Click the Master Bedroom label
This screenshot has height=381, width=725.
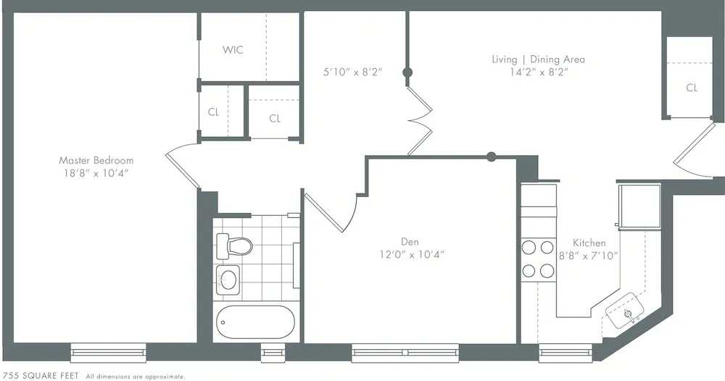(96, 160)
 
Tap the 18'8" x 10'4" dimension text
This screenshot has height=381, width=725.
(96, 173)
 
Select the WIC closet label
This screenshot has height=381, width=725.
(233, 50)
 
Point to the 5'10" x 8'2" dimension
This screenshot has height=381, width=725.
(352, 72)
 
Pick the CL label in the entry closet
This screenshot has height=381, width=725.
(692, 88)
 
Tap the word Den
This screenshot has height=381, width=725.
(410, 241)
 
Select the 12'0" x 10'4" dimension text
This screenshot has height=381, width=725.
(410, 254)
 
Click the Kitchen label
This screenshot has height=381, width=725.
(589, 243)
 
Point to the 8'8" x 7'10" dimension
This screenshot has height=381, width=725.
(589, 256)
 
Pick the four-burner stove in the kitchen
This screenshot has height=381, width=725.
(538, 259)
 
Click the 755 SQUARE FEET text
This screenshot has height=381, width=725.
(41, 377)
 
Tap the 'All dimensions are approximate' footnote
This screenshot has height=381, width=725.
(136, 377)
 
